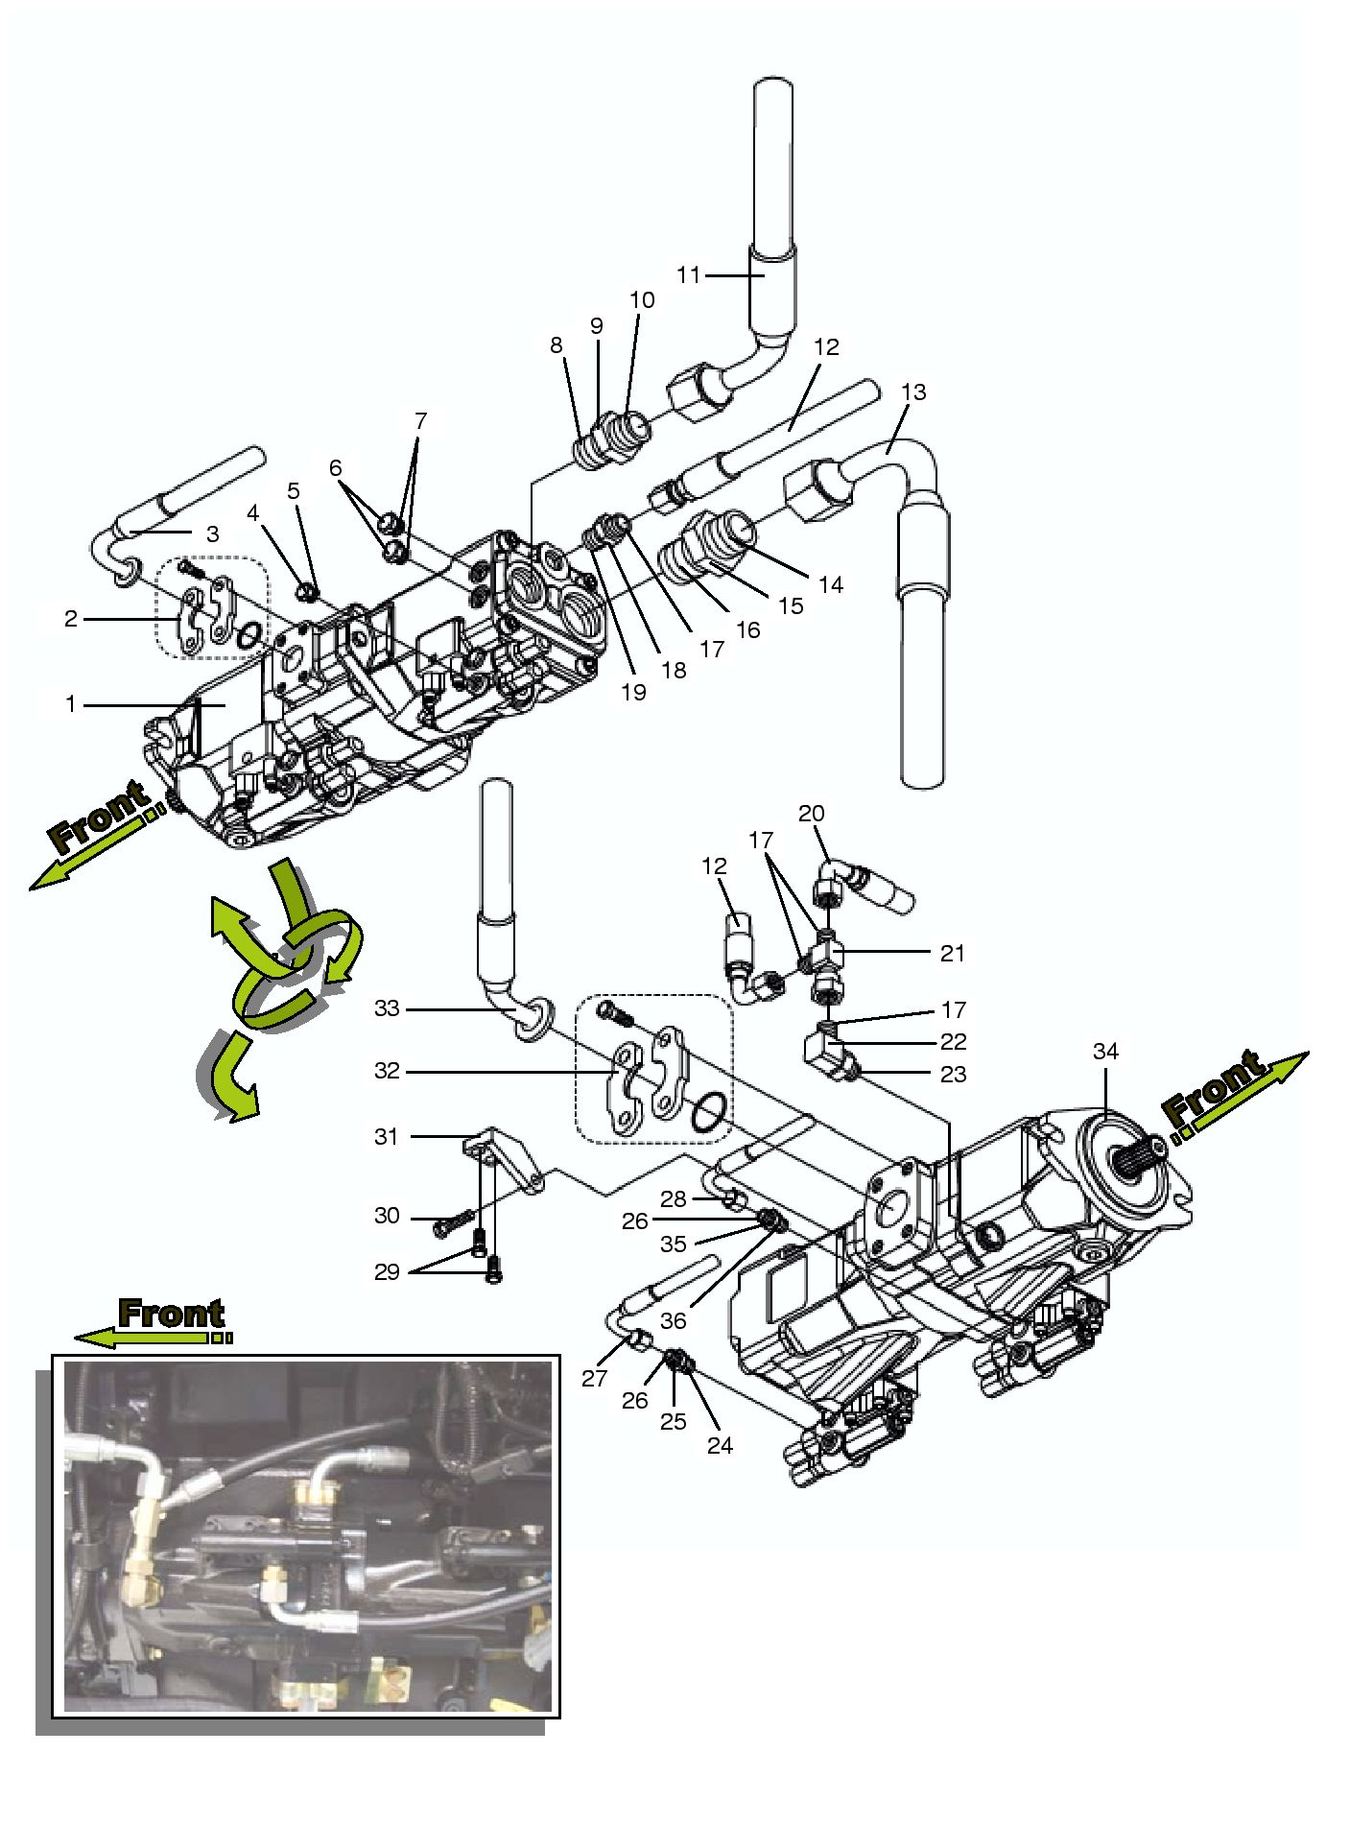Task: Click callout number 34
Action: pos(1105,1052)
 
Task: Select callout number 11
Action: pos(689,275)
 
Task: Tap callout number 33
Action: pos(387,1008)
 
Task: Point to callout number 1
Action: pos(70,704)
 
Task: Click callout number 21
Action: pos(952,953)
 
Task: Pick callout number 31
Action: pos(387,1136)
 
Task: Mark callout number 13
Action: pos(913,391)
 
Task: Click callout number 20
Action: pos(812,813)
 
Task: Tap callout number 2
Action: pos(70,619)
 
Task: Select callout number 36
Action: pos(674,1320)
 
